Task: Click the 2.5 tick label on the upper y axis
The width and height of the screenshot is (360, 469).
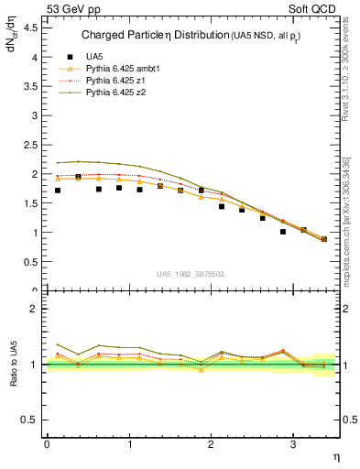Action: (31, 145)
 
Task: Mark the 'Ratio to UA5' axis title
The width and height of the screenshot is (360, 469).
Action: (13, 377)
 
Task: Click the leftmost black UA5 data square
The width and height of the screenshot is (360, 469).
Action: (57, 191)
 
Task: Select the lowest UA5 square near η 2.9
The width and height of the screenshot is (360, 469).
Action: (283, 232)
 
